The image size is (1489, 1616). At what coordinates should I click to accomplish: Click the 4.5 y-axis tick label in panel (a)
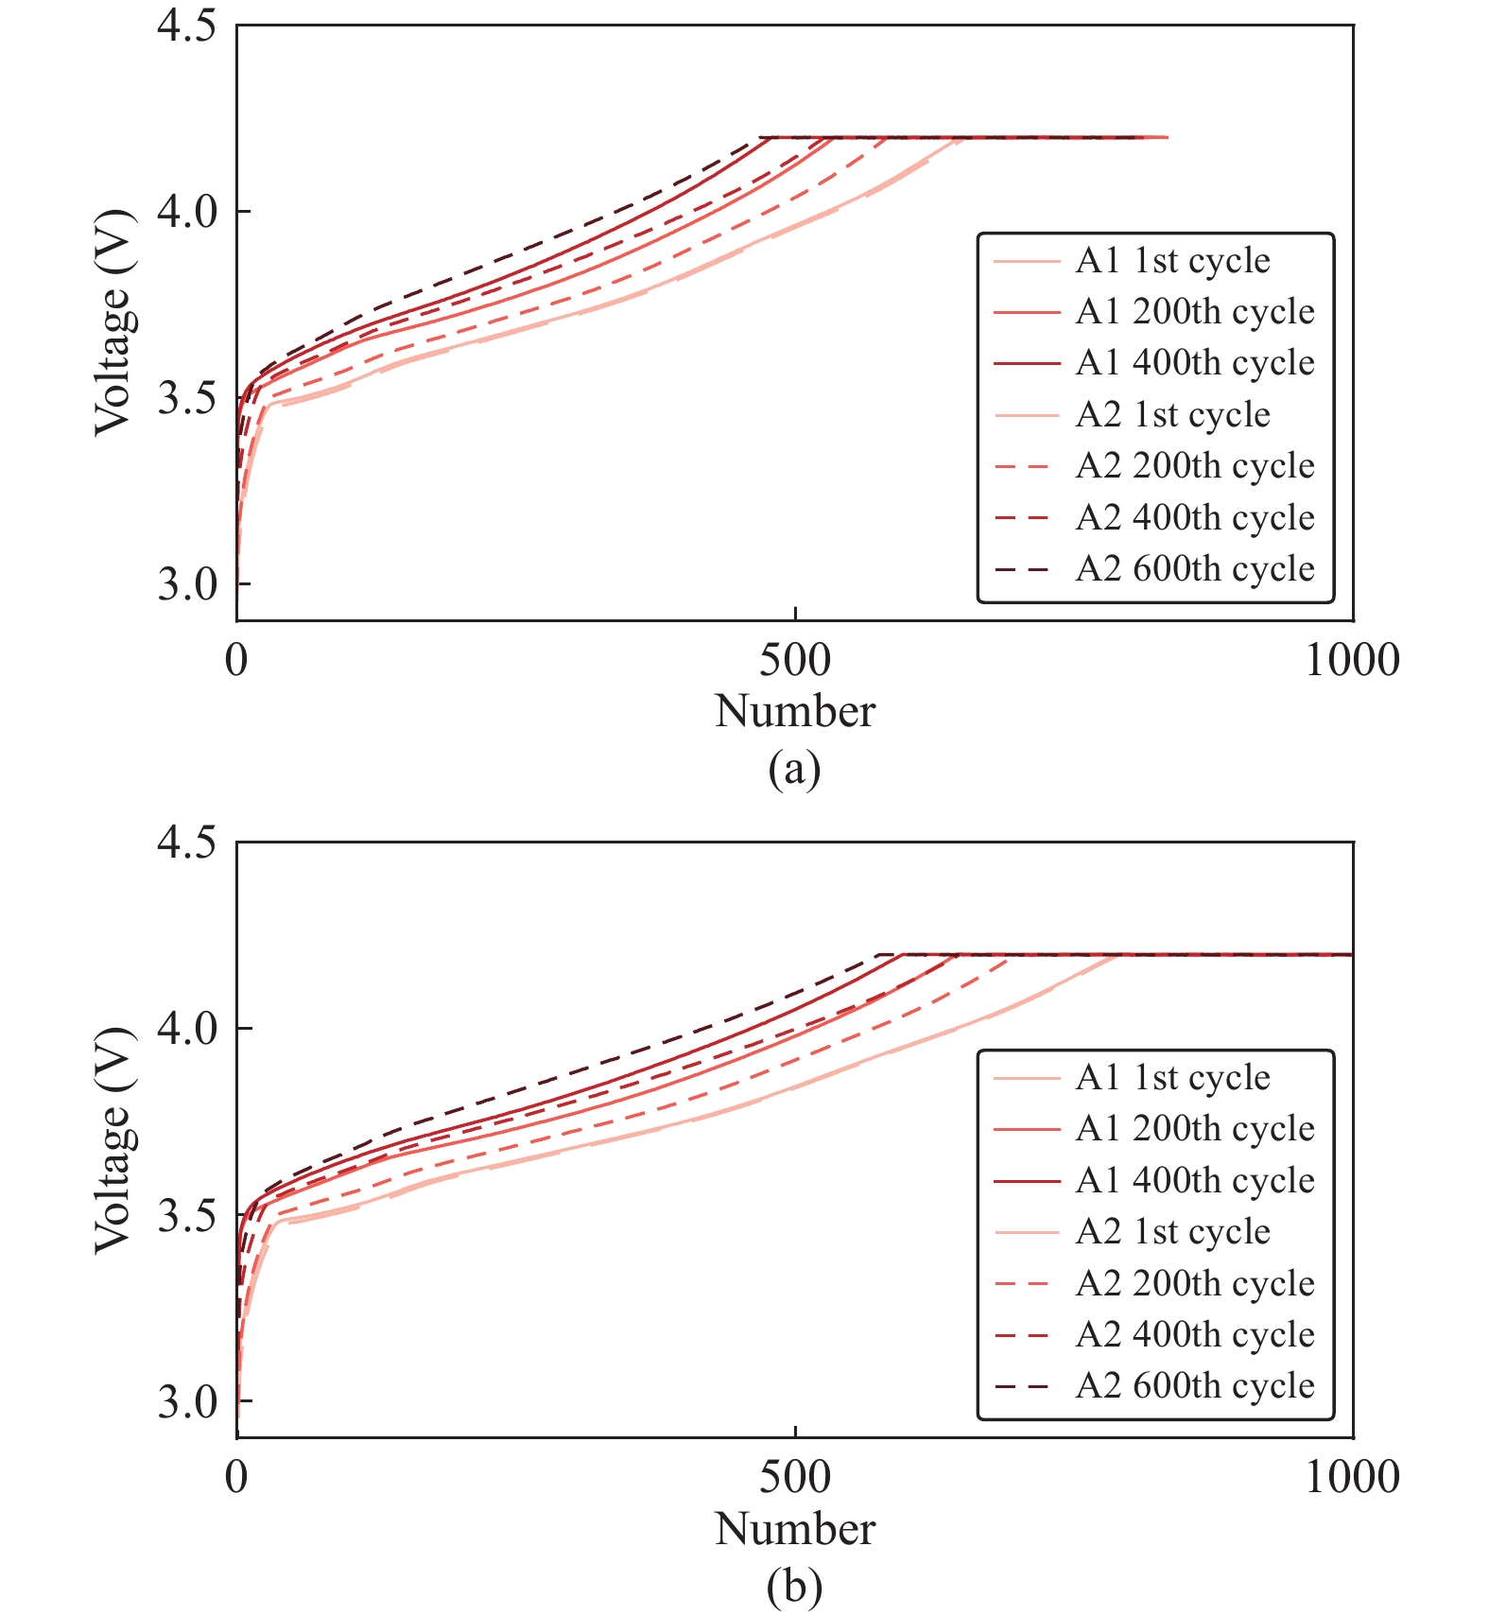tap(186, 26)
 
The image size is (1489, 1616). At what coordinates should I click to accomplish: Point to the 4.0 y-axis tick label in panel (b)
tap(186, 1029)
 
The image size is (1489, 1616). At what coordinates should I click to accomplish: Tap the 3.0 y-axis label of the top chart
tap(186, 584)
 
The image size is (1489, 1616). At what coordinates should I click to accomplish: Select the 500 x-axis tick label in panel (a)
tap(795, 660)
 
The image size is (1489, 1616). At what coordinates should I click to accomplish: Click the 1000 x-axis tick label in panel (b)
tap(1352, 1477)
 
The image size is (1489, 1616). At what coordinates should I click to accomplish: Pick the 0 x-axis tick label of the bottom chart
tap(236, 1477)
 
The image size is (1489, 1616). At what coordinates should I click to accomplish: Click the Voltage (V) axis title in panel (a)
tap(113, 322)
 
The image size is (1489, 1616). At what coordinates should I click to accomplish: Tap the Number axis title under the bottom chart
tap(795, 1529)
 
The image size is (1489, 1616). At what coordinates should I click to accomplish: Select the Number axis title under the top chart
tap(795, 712)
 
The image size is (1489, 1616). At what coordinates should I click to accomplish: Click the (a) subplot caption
tap(794, 769)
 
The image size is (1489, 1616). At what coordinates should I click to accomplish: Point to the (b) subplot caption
tap(794, 1587)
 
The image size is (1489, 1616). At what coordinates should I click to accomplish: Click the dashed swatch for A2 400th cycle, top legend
tap(1022, 518)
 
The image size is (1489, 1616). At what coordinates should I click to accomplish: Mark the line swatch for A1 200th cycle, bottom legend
tap(1026, 1129)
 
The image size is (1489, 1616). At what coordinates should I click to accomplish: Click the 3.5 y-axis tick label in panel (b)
tap(186, 1215)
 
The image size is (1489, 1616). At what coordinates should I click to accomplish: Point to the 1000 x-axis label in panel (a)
tap(1352, 660)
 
